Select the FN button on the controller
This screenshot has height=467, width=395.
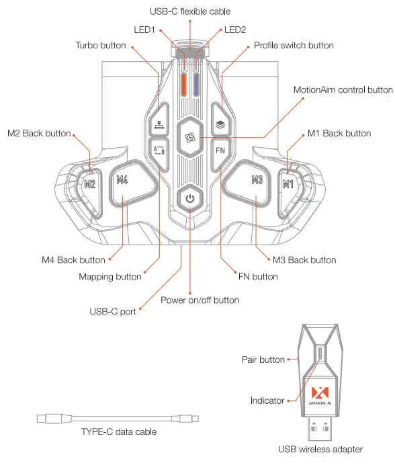pyautogui.click(x=220, y=150)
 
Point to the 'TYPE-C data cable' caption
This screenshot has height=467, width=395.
pyautogui.click(x=118, y=431)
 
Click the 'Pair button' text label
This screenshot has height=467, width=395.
pyautogui.click(x=263, y=359)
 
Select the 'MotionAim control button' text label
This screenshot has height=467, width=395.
pyautogui.click(x=343, y=89)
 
